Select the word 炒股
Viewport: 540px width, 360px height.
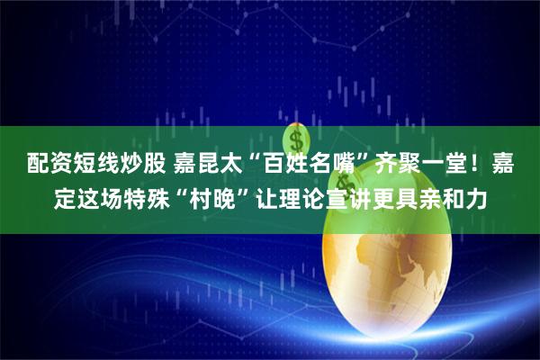pyautogui.click(x=136, y=166)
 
